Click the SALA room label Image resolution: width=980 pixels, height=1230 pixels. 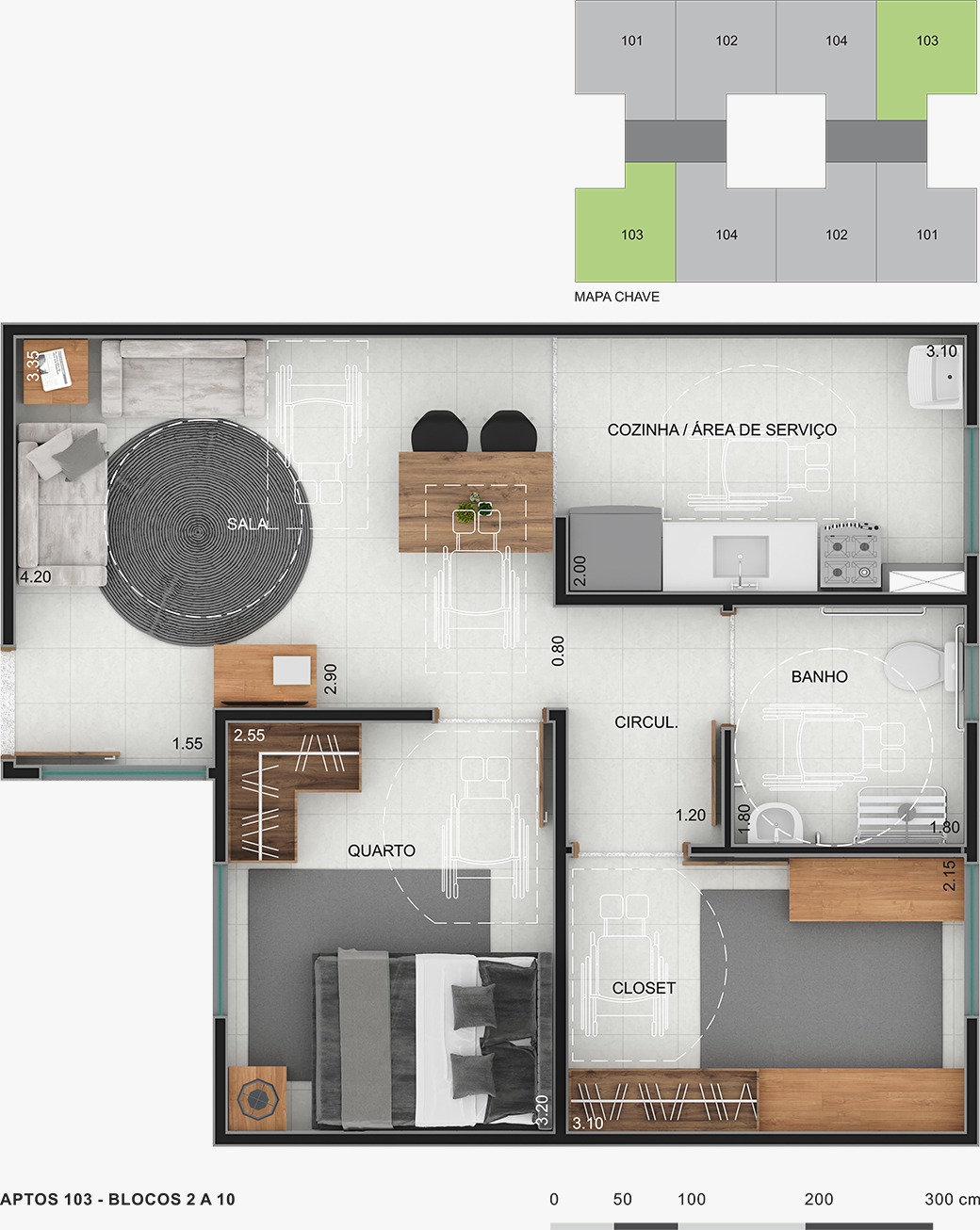248,524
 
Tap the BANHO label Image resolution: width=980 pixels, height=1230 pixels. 819,677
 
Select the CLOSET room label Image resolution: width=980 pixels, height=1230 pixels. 644,988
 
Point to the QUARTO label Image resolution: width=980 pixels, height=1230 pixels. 382,850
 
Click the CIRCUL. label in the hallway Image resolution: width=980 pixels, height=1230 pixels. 645,722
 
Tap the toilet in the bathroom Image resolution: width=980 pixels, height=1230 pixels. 918,666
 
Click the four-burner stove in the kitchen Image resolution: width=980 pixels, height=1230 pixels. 851,555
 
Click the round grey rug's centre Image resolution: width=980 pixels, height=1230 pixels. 197,532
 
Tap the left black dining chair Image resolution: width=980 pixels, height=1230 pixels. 439,431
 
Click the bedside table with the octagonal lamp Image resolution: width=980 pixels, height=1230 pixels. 257,1098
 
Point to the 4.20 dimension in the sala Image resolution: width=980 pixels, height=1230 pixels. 36,577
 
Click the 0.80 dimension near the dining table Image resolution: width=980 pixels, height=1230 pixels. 558,651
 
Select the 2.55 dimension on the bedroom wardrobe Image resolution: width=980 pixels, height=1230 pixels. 249,735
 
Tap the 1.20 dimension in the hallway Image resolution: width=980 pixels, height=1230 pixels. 691,815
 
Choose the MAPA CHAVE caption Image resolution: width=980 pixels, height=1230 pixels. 616,297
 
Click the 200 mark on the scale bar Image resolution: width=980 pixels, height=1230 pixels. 819,1199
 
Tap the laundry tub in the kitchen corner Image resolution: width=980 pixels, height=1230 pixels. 935,376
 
